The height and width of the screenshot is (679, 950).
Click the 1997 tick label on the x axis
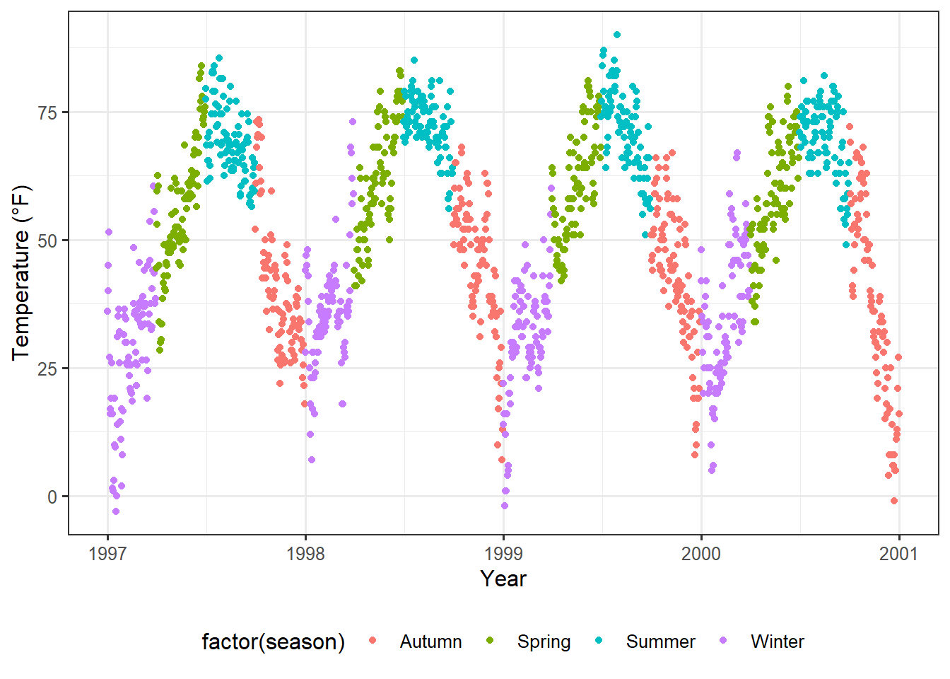[107, 553]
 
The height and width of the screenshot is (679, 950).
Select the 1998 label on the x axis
[305, 553]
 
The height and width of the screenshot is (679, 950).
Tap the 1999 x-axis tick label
[503, 553]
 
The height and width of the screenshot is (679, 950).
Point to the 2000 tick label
[701, 553]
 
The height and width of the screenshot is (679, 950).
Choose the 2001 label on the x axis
[898, 553]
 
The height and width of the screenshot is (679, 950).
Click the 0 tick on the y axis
[52, 497]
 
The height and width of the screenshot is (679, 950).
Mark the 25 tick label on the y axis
[48, 368]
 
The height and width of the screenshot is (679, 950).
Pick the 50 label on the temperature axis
[48, 240]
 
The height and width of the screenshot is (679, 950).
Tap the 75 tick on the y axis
[48, 112]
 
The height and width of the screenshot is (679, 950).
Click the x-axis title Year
[503, 579]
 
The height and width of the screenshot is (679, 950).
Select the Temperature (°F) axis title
[21, 272]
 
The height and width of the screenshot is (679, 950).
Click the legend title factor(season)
[274, 642]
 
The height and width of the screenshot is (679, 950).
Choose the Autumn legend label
[430, 642]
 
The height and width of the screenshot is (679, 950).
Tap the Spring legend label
[544, 642]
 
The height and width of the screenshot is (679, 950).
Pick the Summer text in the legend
[660, 642]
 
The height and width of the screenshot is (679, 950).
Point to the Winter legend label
[778, 642]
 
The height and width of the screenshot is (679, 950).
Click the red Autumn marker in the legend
[373, 641]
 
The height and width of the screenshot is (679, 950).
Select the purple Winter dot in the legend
[723, 641]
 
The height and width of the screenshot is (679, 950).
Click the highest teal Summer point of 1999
[617, 35]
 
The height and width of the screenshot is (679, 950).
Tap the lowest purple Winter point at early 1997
[116, 511]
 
